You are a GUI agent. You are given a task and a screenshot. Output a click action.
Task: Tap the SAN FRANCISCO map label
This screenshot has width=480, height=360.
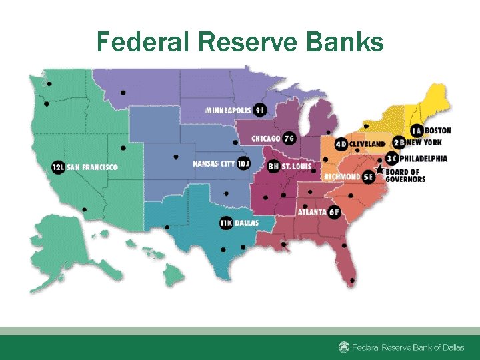pos(91,167)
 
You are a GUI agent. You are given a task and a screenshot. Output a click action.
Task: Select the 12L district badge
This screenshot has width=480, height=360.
pos(58,167)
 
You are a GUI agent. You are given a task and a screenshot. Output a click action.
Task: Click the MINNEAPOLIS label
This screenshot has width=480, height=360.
pos(229,110)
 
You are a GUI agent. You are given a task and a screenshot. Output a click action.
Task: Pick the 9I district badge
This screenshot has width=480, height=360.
pos(260,110)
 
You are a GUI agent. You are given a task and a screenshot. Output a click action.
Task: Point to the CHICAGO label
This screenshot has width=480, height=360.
pos(265,139)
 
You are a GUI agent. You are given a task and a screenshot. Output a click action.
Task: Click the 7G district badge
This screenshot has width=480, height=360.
pos(289,139)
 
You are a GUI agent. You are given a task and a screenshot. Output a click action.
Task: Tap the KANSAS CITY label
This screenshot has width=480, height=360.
pos(213,163)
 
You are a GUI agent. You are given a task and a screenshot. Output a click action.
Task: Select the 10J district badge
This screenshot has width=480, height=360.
pos(243,163)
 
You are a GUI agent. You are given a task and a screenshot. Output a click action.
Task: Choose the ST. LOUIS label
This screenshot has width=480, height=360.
pos(296,166)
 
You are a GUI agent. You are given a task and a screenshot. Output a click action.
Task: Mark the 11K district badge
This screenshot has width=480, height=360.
pos(226,223)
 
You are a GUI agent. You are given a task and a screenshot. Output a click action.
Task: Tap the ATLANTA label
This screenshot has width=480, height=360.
pos(311,212)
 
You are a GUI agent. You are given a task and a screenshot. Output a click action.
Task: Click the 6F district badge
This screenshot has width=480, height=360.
pos(334,212)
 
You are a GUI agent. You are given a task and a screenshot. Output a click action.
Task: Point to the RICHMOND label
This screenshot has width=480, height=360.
pos(341,177)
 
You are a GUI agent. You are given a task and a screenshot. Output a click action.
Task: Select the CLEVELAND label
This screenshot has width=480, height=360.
pos(367,143)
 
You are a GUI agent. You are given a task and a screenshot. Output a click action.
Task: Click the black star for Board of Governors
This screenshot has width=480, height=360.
pos(379,170)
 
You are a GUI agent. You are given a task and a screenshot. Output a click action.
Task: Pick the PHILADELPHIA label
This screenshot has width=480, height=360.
pos(424,159)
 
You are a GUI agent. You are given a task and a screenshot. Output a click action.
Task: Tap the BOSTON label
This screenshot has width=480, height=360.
pos(438,131)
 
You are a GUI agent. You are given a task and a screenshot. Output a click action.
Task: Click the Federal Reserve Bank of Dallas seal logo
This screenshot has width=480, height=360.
pos(343,347)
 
